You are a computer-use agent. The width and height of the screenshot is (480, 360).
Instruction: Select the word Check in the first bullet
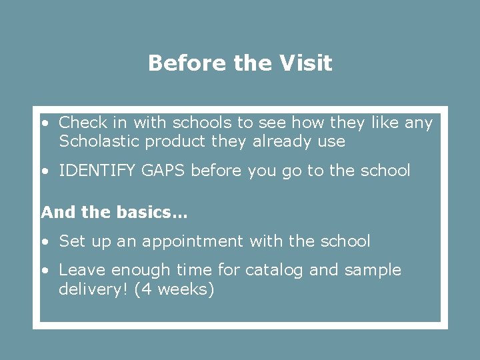(x=83, y=123)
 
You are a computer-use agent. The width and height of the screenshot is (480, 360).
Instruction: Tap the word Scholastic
(x=99, y=141)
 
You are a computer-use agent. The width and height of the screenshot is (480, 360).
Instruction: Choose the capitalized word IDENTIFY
(x=97, y=171)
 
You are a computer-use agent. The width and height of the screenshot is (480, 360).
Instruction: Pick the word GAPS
(x=163, y=171)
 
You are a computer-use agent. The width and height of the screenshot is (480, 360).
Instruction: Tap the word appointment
(x=191, y=241)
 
